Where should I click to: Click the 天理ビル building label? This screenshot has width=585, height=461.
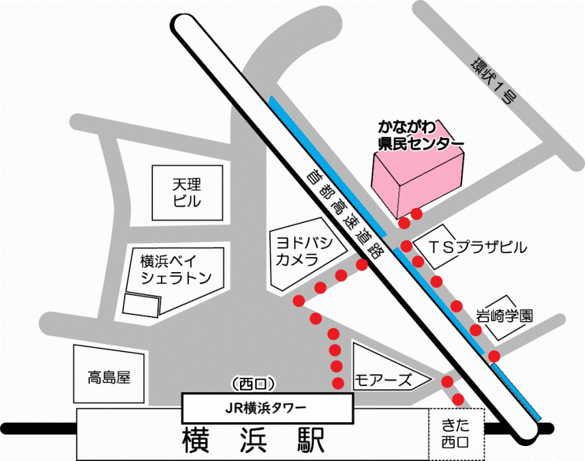click(x=187, y=192)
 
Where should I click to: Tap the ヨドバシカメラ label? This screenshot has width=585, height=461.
click(x=303, y=251)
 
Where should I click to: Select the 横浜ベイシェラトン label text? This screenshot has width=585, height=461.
click(x=176, y=269)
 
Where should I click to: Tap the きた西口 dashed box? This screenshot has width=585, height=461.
click(x=455, y=434)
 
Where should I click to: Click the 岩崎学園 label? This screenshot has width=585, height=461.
click(x=505, y=316)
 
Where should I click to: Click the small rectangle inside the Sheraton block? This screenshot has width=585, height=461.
click(x=142, y=305)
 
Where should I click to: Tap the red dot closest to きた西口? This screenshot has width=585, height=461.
click(x=459, y=399)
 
